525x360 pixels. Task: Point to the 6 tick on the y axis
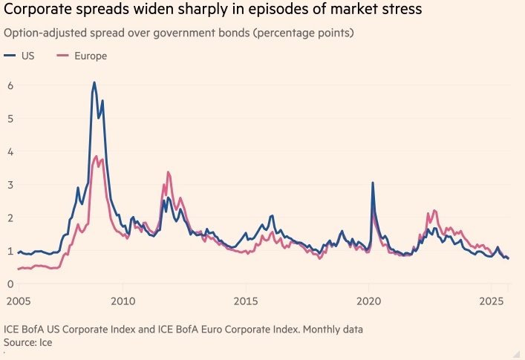click(x=10, y=85)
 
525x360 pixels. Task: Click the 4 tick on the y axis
click(x=10, y=151)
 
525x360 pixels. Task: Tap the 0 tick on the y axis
click(x=10, y=284)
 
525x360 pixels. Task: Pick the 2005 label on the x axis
click(x=19, y=301)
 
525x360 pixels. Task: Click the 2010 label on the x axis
click(x=123, y=301)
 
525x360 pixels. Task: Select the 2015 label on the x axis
click(x=246, y=301)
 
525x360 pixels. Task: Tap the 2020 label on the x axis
click(x=369, y=301)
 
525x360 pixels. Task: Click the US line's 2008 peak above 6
click(x=94, y=82)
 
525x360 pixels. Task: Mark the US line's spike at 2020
click(x=373, y=183)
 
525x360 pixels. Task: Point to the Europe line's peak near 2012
click(x=168, y=172)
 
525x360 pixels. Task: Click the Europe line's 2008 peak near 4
click(x=97, y=156)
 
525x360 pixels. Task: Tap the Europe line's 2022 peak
click(x=434, y=210)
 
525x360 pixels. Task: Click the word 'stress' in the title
click(x=399, y=11)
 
